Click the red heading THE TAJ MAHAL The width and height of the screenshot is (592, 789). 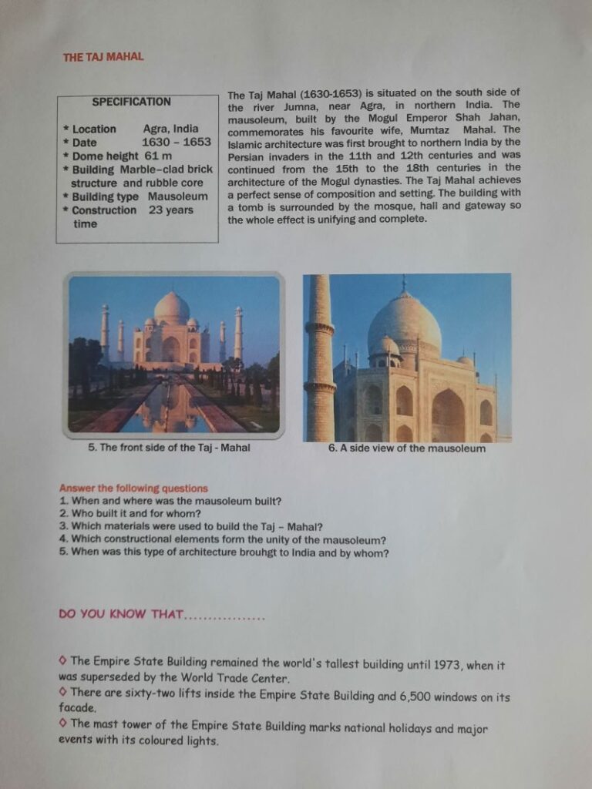coord(103,56)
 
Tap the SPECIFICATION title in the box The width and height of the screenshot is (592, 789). coord(132,102)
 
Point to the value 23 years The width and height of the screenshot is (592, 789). coord(171,210)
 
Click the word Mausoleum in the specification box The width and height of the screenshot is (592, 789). coord(178,196)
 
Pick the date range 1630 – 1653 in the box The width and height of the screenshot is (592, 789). coord(177,143)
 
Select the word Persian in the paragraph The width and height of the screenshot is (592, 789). coord(248,156)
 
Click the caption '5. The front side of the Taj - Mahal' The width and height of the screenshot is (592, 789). coord(169,447)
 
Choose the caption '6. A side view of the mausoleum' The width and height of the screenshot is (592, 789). coord(406,448)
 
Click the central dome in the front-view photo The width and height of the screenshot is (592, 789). coord(172,307)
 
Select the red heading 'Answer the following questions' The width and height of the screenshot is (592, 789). coord(133,489)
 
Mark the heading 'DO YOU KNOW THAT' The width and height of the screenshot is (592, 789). coord(121,614)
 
